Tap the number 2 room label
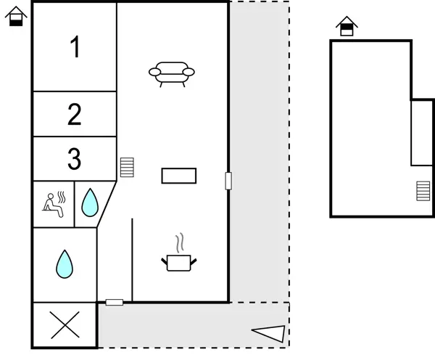(75, 115)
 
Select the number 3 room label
(75, 158)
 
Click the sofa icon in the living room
(172, 73)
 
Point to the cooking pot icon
(178, 261)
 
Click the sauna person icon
(54, 202)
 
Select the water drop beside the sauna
(89, 202)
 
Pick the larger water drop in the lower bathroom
(65, 264)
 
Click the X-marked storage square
(65, 324)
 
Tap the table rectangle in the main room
(178, 176)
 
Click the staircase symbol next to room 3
(127, 168)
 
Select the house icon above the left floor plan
(16, 15)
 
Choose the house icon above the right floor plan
(347, 26)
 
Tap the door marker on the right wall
(228, 180)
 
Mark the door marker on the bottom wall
(115, 302)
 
